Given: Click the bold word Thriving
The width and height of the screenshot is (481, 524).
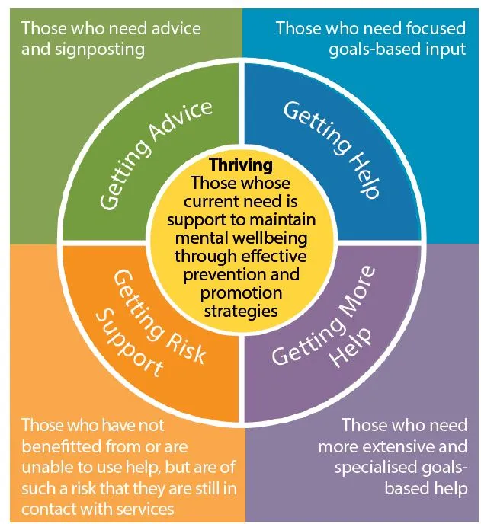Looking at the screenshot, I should (x=240, y=165).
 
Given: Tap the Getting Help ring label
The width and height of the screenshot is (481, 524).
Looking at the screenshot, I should (x=331, y=149).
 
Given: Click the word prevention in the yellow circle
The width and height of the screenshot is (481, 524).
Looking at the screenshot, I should (x=229, y=275).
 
